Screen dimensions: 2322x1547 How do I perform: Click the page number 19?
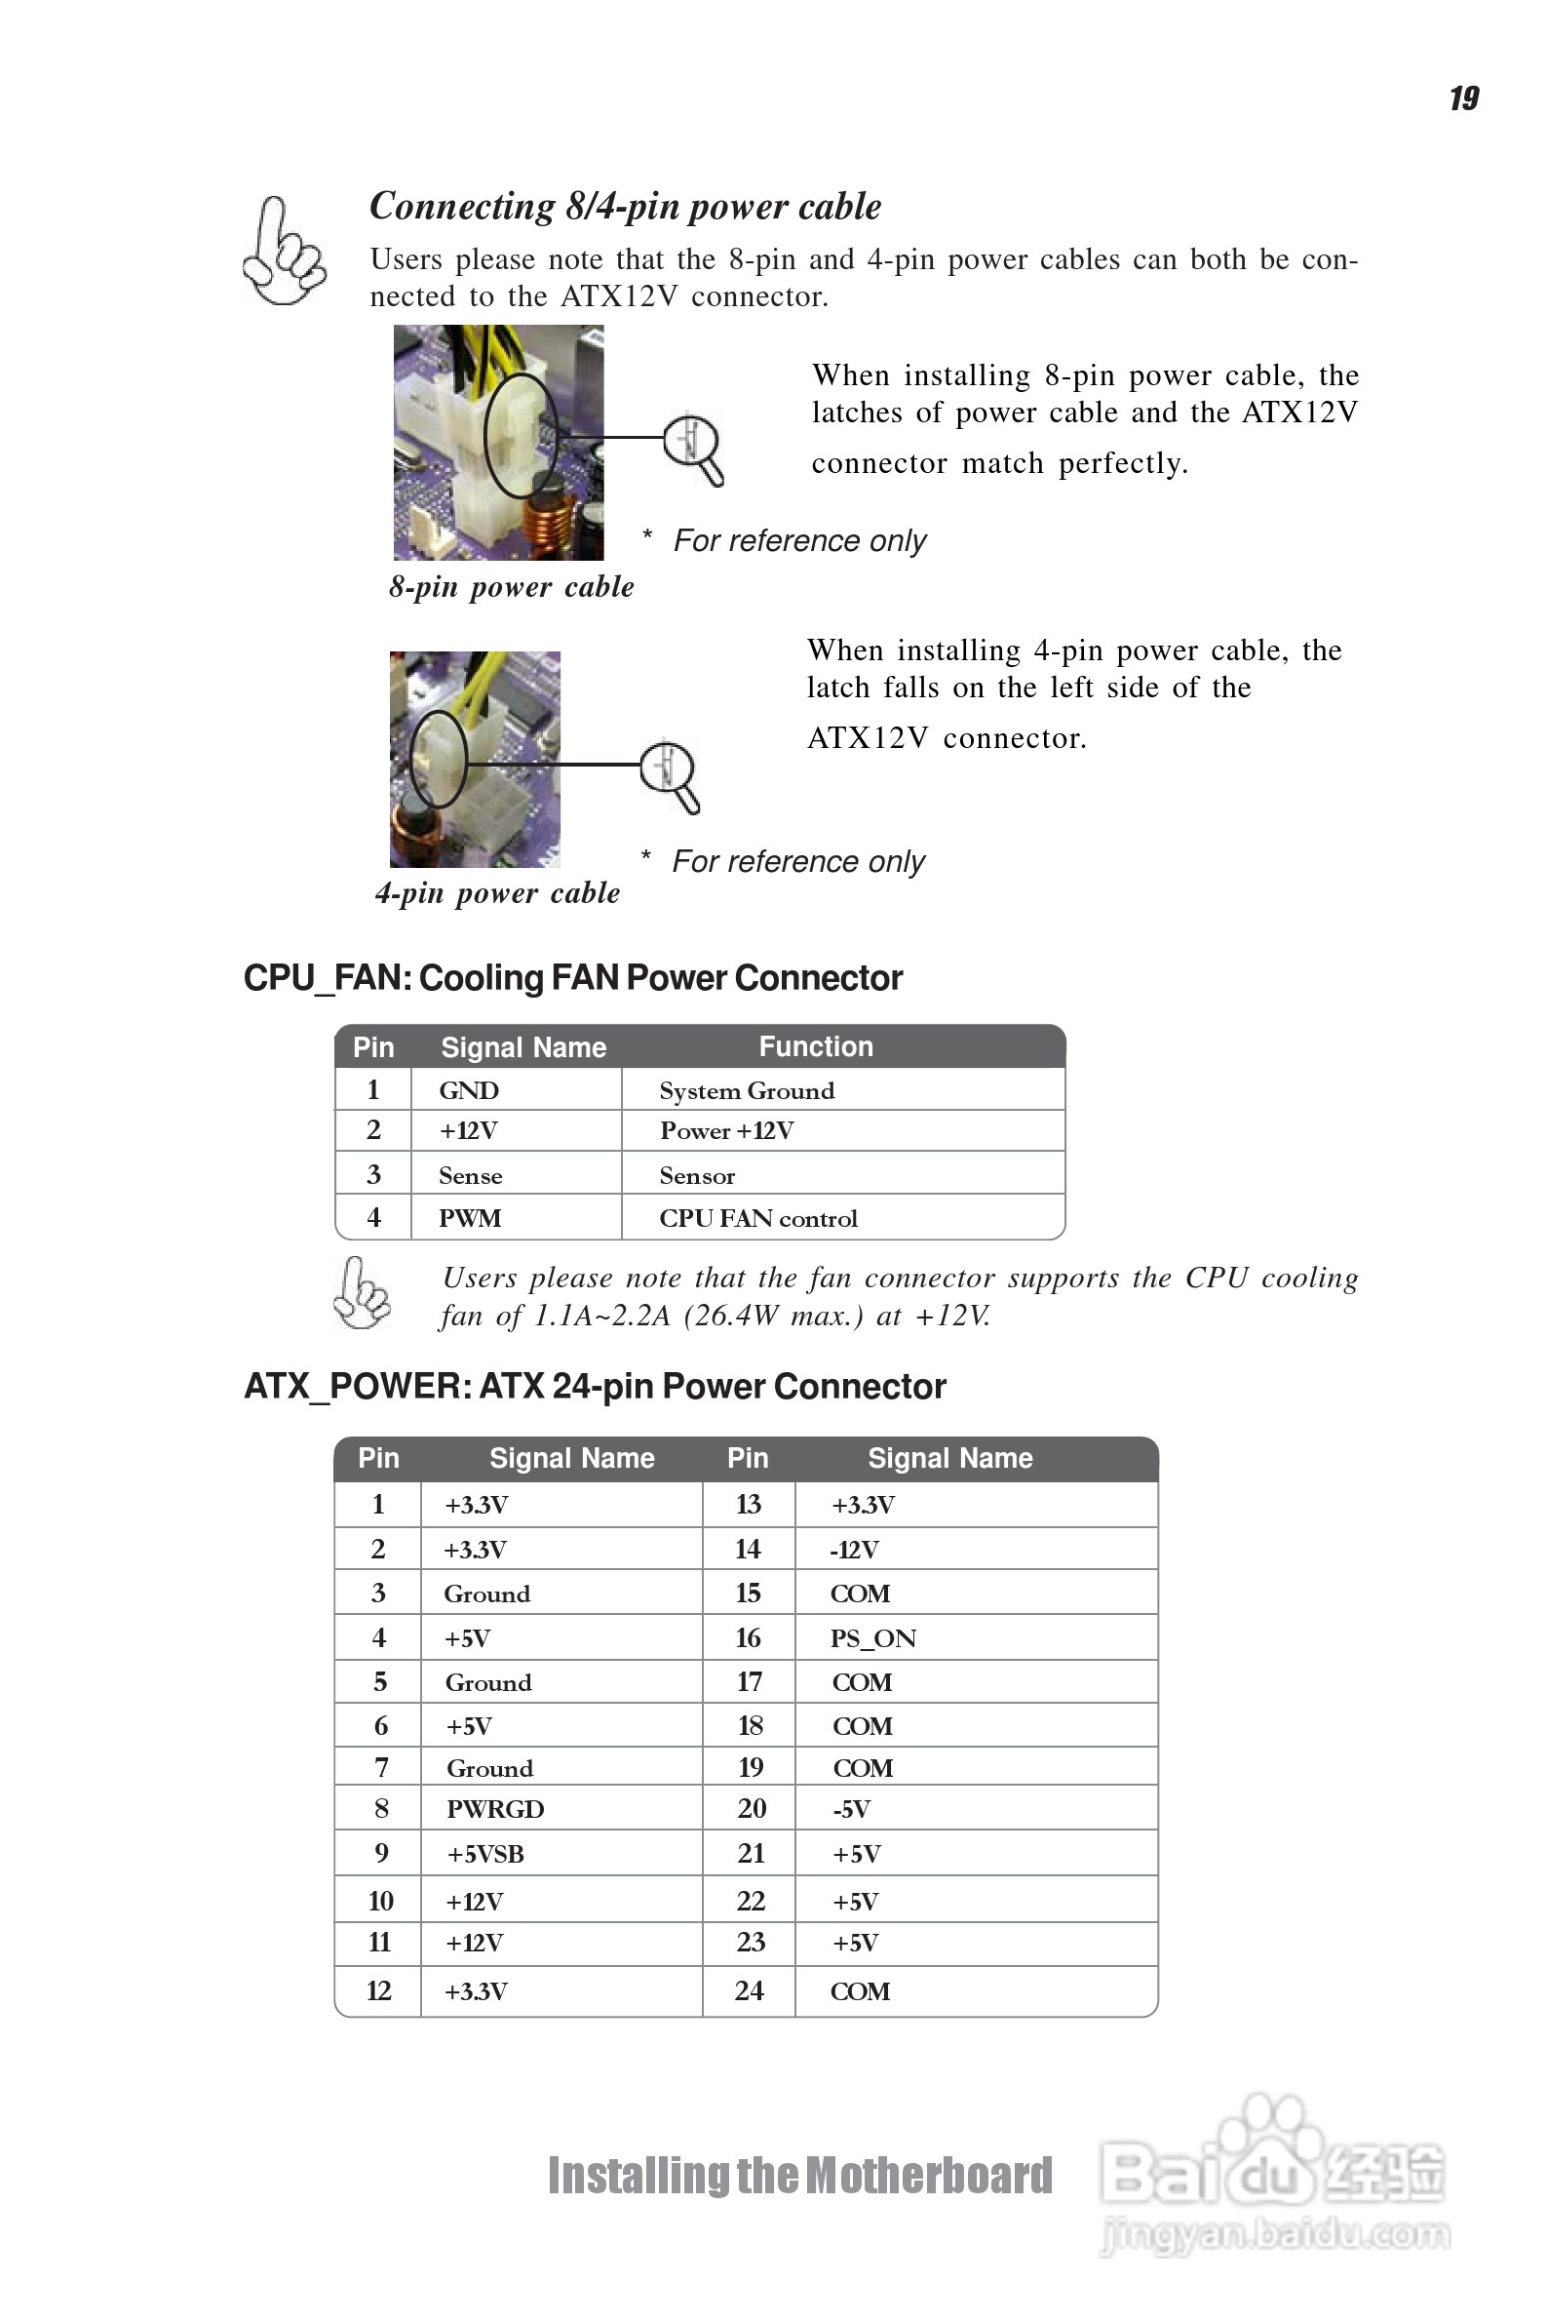1463,98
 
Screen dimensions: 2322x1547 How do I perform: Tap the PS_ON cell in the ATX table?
873,1638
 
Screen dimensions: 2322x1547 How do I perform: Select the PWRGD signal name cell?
495,1809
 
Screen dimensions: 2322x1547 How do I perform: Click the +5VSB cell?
485,1854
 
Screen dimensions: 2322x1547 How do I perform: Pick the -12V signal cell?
854,1551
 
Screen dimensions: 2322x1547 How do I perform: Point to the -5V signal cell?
851,1809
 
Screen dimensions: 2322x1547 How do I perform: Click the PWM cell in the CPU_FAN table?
470,1219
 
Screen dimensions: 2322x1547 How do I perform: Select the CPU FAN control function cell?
757,1219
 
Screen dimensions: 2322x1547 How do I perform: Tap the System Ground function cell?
747,1090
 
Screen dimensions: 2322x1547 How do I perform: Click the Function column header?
816,1046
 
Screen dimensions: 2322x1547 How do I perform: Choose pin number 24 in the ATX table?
749,1990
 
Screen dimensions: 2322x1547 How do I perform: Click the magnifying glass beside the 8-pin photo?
694,449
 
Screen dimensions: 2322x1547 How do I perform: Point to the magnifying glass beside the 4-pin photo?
670,775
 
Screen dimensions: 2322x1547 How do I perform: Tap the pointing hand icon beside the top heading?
283,253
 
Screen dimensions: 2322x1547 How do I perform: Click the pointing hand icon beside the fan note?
361,1293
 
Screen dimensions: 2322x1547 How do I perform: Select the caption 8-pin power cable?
511,587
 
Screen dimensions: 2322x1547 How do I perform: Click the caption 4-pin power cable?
497,893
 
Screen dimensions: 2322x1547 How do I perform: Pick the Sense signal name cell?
471,1175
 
